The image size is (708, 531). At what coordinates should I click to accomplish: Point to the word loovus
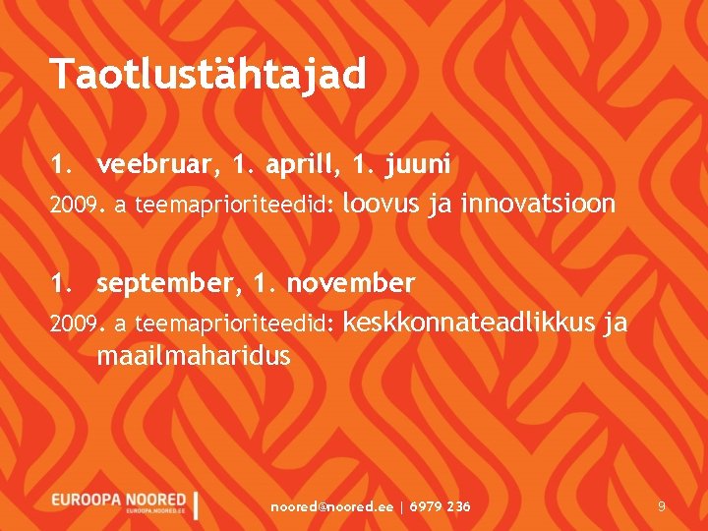pyautogui.click(x=384, y=205)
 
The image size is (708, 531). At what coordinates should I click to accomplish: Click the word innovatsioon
pyautogui.click(x=538, y=205)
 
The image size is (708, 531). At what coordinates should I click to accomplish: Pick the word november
pyautogui.click(x=351, y=284)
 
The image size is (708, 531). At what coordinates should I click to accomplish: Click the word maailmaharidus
pyautogui.click(x=193, y=356)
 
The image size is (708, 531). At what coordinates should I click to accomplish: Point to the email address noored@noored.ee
pyautogui.click(x=331, y=506)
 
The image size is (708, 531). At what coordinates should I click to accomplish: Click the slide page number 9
pyautogui.click(x=662, y=506)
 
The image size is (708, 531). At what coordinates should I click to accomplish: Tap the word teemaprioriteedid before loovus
pyautogui.click(x=235, y=206)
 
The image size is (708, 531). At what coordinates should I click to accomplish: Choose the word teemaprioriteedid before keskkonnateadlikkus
pyautogui.click(x=235, y=324)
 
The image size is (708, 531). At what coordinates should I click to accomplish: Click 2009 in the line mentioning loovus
pyautogui.click(x=72, y=206)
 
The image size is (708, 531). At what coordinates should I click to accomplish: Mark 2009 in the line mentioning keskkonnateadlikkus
pyautogui.click(x=72, y=324)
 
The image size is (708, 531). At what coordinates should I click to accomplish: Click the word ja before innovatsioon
pyautogui.click(x=441, y=206)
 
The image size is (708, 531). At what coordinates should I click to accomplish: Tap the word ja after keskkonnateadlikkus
pyautogui.click(x=616, y=324)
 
